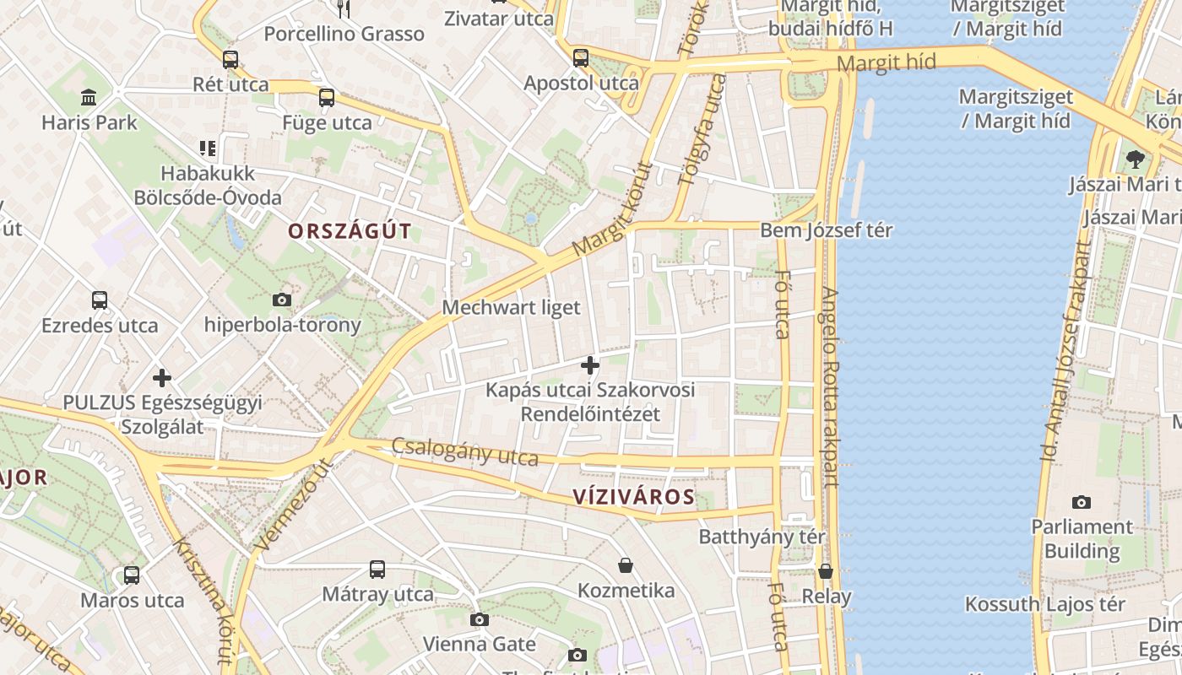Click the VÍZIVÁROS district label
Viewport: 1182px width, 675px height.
click(x=633, y=497)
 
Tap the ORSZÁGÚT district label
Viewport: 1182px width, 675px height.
click(x=350, y=231)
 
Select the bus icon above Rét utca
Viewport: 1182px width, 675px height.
click(x=230, y=60)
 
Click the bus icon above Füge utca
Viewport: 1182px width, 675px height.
click(x=327, y=98)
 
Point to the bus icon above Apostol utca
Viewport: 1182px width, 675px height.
click(x=581, y=58)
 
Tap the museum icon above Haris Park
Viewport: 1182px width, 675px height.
click(x=89, y=97)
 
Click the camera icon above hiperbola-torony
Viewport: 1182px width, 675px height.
click(x=282, y=300)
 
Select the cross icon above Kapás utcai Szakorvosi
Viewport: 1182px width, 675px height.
click(x=590, y=365)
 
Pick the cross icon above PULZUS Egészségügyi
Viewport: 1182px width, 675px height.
click(x=162, y=378)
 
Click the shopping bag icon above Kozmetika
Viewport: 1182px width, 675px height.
click(x=626, y=565)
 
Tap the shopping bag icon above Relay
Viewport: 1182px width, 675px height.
click(x=826, y=571)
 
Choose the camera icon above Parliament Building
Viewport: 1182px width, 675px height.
click(x=1082, y=502)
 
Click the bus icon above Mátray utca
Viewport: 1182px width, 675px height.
click(x=377, y=570)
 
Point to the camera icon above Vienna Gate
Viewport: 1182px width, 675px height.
click(x=480, y=620)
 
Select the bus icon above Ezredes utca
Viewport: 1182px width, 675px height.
click(x=100, y=300)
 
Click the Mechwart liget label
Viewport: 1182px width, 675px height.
click(x=511, y=308)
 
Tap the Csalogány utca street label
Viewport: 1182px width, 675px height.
click(x=464, y=452)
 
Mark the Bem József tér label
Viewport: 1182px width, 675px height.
click(x=826, y=230)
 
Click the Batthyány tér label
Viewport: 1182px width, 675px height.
click(x=762, y=537)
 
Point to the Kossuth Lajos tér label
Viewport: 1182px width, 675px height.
click(x=1044, y=604)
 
